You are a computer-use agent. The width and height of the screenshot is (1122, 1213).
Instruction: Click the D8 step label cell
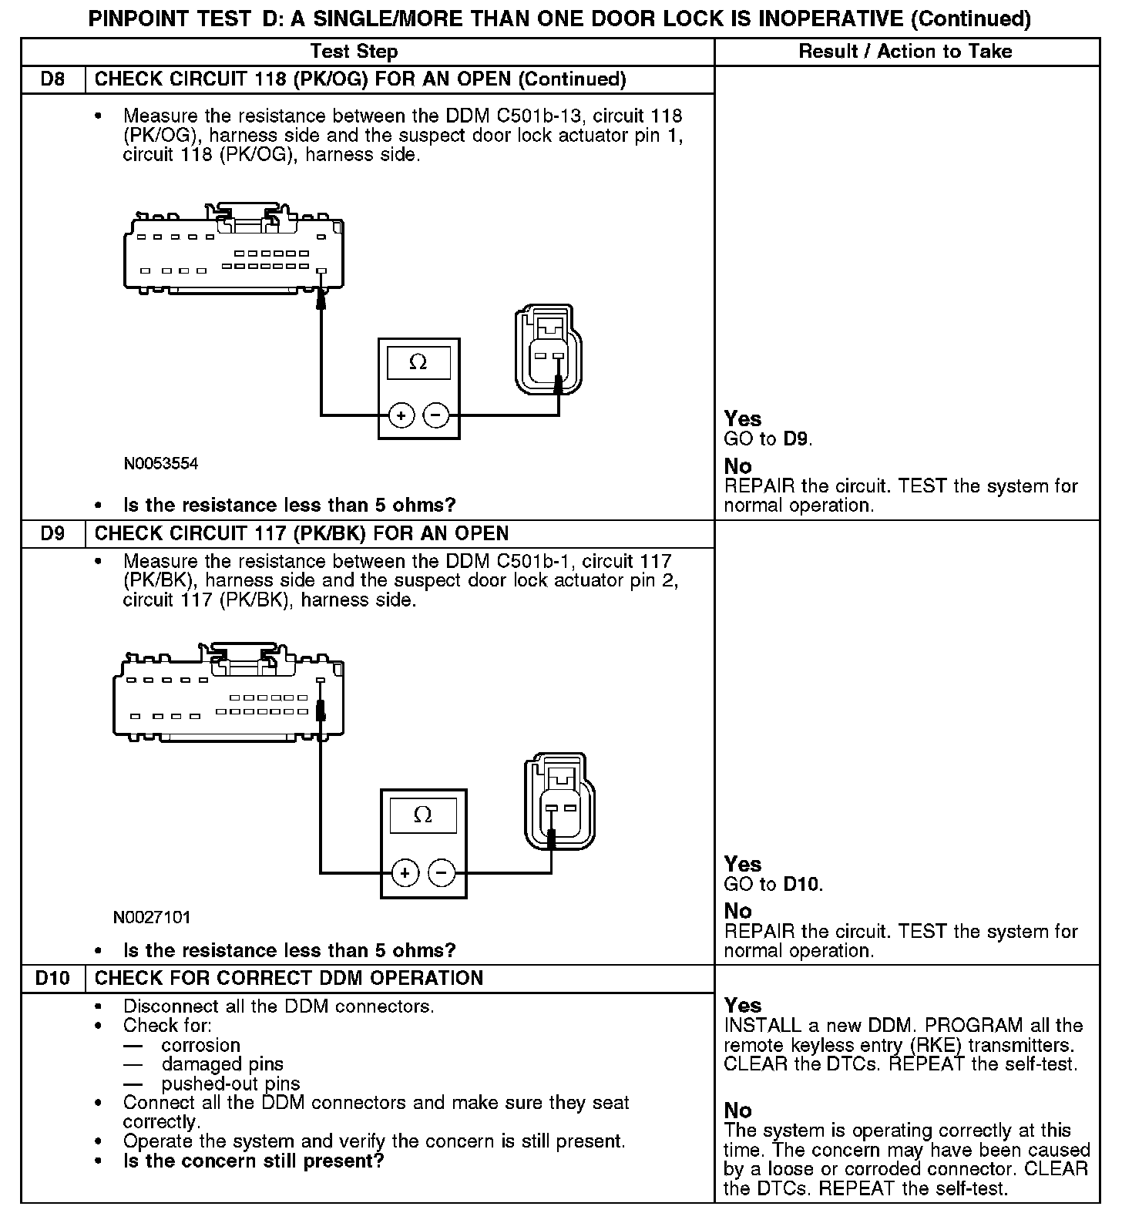52,79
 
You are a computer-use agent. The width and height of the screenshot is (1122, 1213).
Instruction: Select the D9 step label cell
52,533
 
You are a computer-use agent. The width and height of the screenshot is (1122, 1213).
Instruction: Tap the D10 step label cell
52,978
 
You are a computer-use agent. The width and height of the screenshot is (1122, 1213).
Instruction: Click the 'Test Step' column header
354,52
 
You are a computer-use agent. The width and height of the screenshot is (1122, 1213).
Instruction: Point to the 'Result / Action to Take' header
905,52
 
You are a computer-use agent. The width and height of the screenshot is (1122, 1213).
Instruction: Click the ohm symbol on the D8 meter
418,362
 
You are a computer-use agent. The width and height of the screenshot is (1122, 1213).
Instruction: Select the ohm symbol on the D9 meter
422,815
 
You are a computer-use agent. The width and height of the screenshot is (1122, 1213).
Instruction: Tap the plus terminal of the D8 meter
401,416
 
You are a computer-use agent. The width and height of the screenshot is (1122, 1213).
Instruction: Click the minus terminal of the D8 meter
436,416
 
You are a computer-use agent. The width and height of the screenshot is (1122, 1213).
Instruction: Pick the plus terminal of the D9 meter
405,873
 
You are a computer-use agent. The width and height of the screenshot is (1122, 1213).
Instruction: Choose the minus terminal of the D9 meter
442,873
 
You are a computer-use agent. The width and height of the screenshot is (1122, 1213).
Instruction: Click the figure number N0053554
160,464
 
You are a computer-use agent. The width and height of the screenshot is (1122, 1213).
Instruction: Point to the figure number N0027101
152,917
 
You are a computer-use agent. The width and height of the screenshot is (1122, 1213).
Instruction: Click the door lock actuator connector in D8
549,351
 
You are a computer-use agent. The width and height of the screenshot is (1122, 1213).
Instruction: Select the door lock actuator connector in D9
559,803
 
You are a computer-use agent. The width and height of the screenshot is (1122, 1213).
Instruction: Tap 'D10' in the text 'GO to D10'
802,884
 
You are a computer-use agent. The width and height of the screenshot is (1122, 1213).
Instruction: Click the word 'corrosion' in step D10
201,1045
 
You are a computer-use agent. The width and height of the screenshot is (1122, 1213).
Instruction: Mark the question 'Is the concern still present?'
254,1161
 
